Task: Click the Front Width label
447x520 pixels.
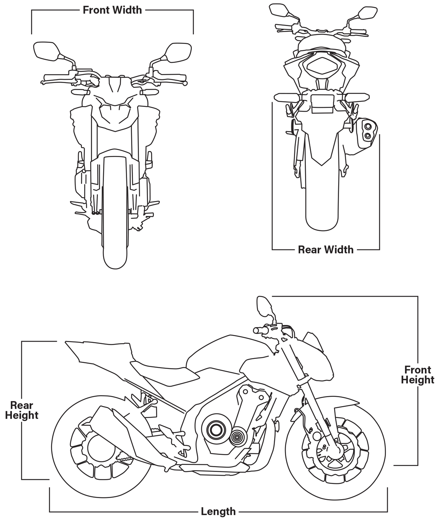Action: pos(112,10)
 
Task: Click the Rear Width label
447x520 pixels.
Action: pos(326,249)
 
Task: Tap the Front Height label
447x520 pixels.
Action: pos(418,375)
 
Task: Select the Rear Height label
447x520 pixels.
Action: pos(22,410)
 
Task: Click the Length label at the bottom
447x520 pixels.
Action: pos(218,511)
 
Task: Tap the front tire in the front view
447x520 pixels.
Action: pos(115,223)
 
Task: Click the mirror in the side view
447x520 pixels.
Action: pos(263,306)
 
